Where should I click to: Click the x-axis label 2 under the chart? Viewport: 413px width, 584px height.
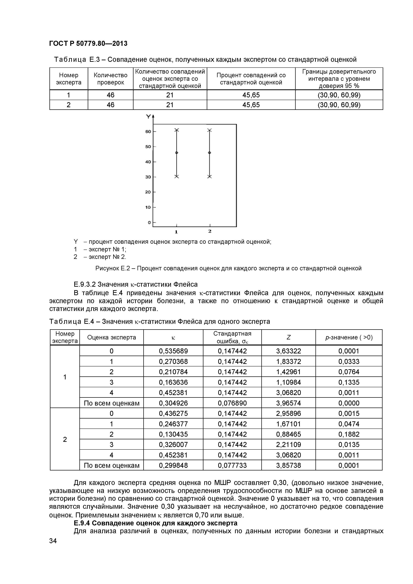click(x=210, y=231)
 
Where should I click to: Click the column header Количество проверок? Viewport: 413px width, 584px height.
click(x=110, y=79)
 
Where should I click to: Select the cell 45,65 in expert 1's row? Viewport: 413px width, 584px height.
click(x=251, y=95)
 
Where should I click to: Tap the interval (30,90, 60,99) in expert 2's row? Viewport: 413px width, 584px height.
click(x=339, y=105)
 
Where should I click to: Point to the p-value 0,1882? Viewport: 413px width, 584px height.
click(x=349, y=434)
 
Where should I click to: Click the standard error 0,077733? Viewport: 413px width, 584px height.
click(x=232, y=465)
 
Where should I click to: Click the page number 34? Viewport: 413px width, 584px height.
click(x=53, y=541)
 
